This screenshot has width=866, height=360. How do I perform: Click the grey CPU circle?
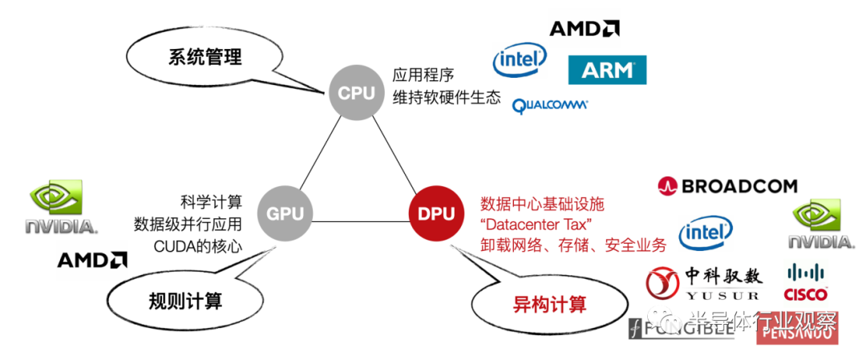click(356, 93)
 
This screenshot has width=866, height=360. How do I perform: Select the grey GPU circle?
click(285, 214)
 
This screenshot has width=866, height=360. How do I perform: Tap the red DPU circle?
click(436, 214)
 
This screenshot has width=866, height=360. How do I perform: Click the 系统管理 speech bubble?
click(204, 58)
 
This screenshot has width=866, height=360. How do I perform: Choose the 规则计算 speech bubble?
click(185, 301)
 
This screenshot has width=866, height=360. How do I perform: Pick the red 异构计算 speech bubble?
click(549, 304)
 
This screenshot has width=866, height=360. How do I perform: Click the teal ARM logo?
click(607, 70)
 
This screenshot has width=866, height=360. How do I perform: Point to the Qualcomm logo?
click(550, 104)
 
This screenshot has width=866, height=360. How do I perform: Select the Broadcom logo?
click(727, 187)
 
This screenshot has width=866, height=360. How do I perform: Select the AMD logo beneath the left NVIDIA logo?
click(92, 260)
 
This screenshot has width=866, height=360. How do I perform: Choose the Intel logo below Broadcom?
click(706, 233)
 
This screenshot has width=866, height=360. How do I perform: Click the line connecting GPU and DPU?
click(361, 214)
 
